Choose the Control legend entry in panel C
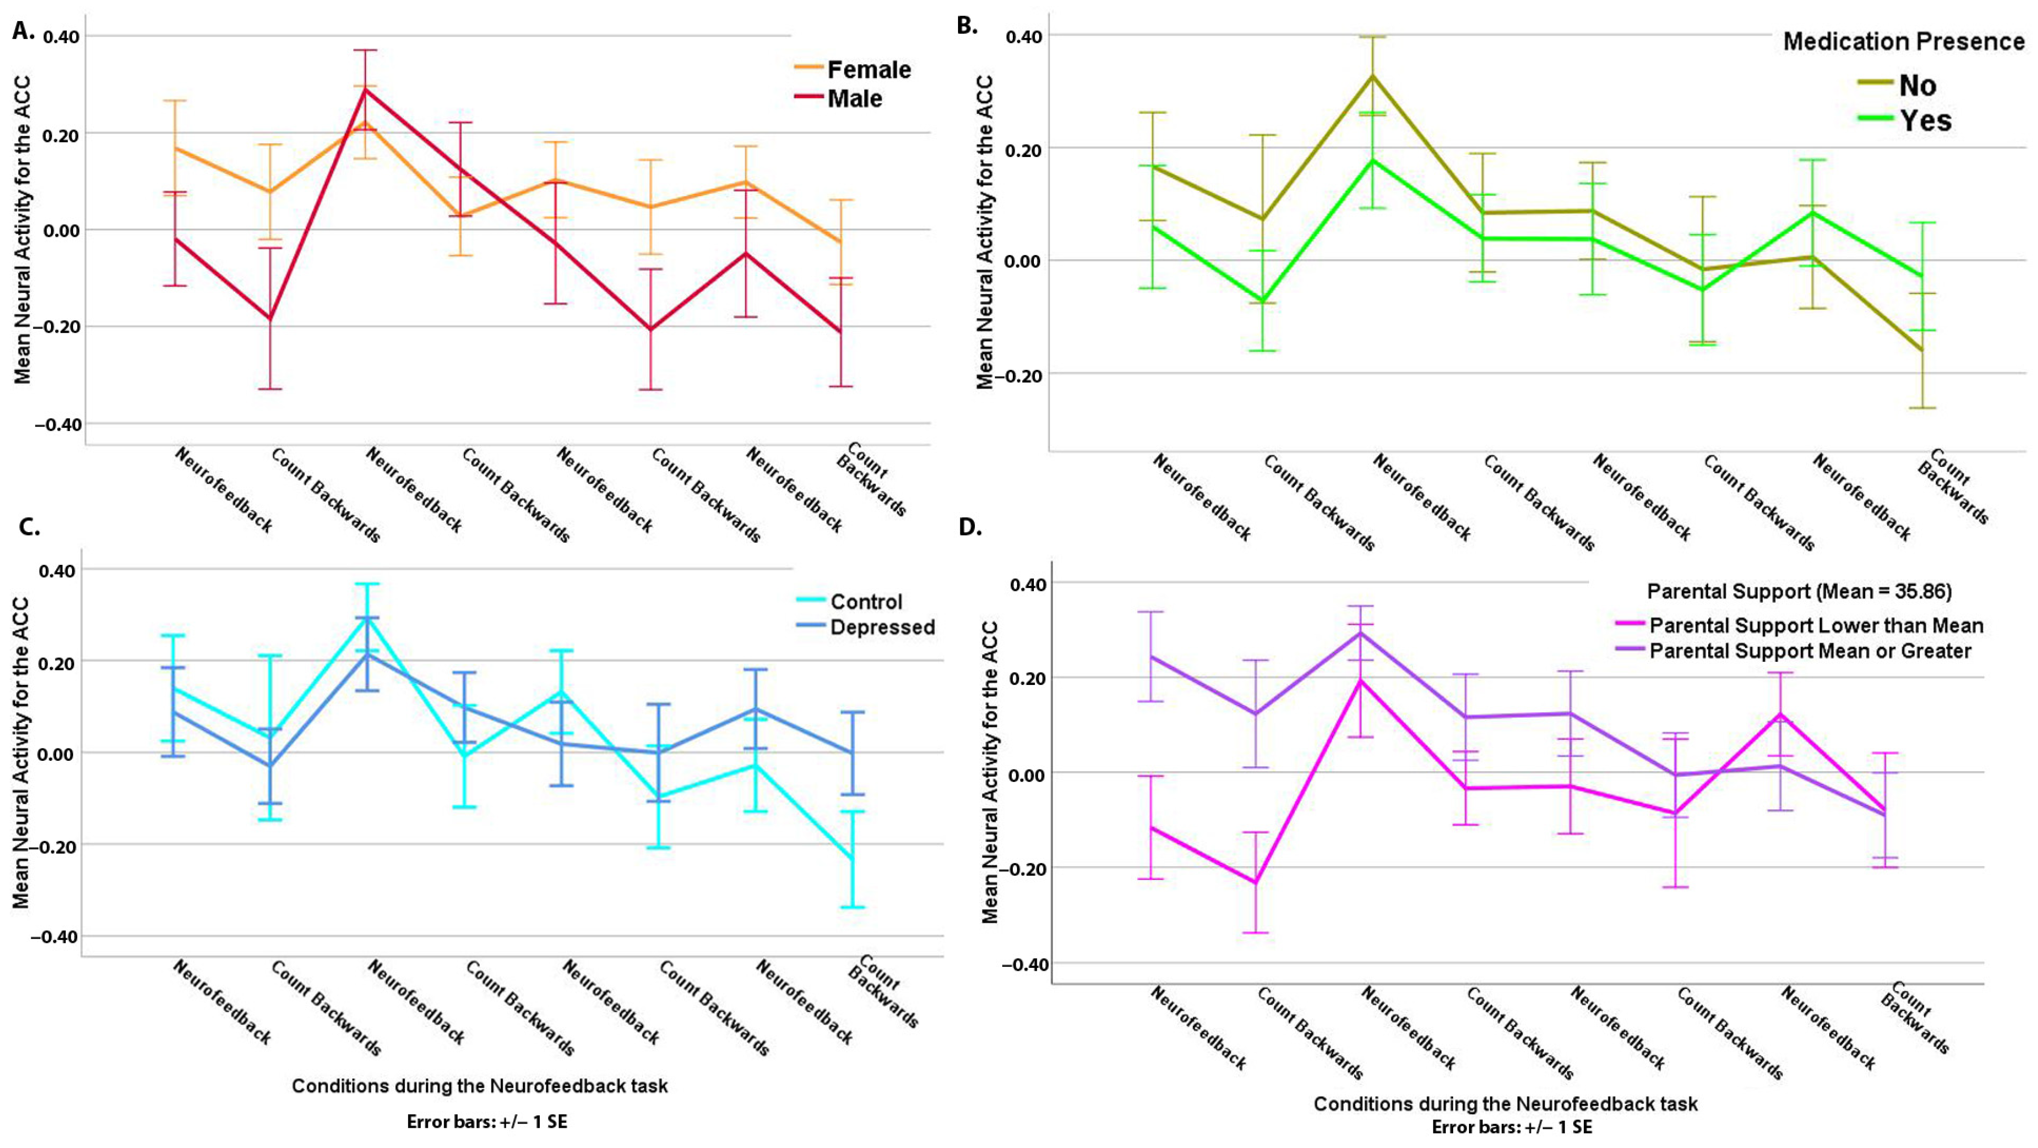pos(865,601)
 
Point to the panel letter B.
pos(966,25)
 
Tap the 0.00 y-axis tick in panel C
pos(55,753)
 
